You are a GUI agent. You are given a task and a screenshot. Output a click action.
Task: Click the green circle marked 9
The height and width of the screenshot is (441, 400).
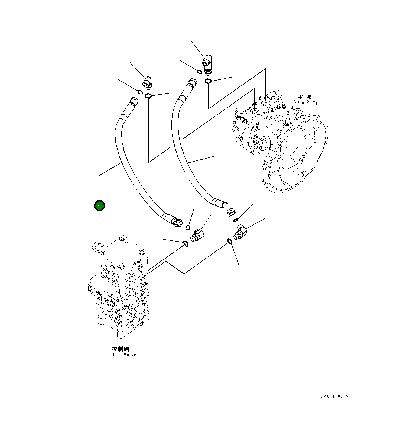click(99, 206)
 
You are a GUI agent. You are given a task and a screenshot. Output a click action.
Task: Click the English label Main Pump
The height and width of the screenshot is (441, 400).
click(306, 102)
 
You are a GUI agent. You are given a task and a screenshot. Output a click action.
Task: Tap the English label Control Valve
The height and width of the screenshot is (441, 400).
click(120, 355)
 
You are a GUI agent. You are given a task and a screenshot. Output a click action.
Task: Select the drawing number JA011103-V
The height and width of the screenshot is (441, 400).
click(335, 397)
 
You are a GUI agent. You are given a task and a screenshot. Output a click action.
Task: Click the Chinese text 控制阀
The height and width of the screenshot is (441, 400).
click(121, 349)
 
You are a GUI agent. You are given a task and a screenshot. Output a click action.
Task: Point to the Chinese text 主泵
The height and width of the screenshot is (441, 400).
click(305, 97)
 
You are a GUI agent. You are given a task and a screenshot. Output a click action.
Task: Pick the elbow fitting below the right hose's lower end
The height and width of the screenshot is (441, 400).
click(240, 232)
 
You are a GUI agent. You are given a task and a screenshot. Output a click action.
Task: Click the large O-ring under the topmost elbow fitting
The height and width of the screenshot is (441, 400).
click(208, 81)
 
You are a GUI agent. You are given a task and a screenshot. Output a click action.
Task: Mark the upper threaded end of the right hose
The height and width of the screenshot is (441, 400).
click(193, 82)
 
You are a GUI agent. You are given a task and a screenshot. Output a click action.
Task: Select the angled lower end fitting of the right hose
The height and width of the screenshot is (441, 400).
click(230, 210)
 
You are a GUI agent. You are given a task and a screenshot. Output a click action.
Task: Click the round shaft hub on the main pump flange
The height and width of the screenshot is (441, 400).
click(300, 158)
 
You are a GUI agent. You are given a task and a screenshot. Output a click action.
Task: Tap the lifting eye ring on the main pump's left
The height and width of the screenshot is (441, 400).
click(238, 110)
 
